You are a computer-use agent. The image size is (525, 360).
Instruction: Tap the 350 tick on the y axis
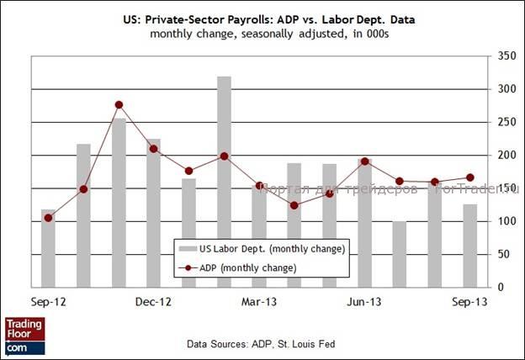coord(505,56)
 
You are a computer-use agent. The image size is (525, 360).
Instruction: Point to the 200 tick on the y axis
coord(505,156)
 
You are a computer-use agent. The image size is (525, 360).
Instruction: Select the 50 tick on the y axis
coord(505,254)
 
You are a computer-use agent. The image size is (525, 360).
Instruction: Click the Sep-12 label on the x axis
coord(48,299)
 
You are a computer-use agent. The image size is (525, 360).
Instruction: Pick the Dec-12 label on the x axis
coord(153,299)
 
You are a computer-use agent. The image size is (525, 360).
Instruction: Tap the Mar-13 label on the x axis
coord(259,299)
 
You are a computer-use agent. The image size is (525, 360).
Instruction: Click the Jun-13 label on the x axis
coord(364,299)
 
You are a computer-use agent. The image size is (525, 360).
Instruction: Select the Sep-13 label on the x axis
coord(469,299)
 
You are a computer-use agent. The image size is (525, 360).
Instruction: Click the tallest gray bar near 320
coord(224,181)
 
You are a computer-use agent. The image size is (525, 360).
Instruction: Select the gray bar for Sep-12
coord(48,248)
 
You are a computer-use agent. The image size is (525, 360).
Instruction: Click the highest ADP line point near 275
coord(119,105)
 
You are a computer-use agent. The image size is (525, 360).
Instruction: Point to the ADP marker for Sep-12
coord(48,218)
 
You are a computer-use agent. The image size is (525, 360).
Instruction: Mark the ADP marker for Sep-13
coord(469,177)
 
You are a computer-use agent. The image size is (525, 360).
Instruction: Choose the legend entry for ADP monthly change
coord(247,267)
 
